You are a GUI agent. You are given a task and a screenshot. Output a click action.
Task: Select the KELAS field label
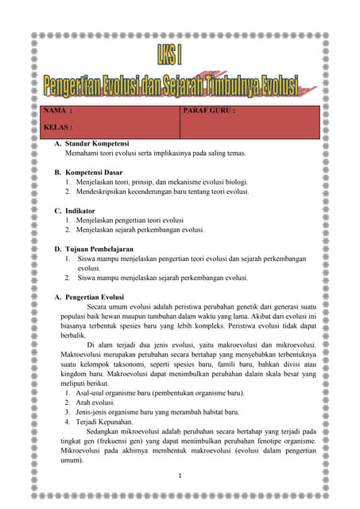point(60,126)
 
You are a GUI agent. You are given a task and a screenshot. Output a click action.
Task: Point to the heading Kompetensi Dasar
point(93,172)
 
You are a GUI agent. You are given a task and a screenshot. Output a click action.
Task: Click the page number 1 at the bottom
point(180,476)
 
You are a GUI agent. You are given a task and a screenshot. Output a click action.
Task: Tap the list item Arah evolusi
point(99,402)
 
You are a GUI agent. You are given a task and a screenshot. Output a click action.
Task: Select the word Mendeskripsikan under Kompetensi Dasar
point(108,191)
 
